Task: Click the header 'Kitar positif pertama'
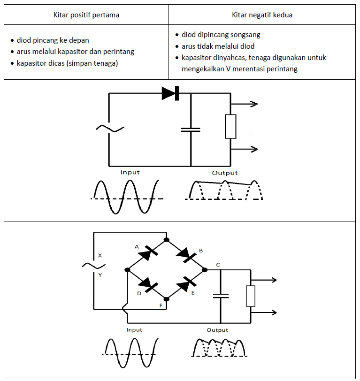click(86, 15)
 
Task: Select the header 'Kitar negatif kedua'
click(262, 15)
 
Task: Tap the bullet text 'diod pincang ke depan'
click(53, 40)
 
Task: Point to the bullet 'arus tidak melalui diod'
click(218, 46)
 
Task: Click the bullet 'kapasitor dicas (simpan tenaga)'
click(67, 63)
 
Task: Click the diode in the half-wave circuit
click(170, 93)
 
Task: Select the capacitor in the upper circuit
click(191, 130)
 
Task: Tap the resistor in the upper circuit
click(230, 126)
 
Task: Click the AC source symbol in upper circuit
click(109, 128)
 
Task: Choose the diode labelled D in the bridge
click(147, 284)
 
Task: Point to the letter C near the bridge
click(218, 265)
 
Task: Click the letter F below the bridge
click(161, 305)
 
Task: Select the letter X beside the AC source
click(100, 256)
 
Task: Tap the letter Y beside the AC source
click(100, 275)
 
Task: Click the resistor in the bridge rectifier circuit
click(251, 296)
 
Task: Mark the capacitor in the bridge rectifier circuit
click(220, 296)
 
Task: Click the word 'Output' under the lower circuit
click(217, 330)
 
